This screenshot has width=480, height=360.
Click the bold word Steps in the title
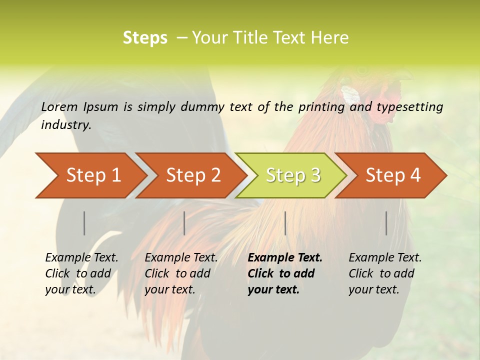tap(145, 38)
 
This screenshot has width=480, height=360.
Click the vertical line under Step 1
tap(84, 223)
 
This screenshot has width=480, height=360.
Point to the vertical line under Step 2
tap(184, 223)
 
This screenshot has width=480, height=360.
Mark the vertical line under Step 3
tap(285, 223)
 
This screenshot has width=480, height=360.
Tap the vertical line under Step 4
tap(386, 223)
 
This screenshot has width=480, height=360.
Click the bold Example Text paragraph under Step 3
tap(285, 273)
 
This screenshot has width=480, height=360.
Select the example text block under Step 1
tap(81, 273)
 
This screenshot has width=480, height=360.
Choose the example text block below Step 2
tap(181, 273)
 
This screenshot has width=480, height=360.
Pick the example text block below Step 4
tap(385, 273)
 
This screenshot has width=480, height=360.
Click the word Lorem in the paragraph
tap(59, 107)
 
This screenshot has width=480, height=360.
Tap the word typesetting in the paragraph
tap(409, 107)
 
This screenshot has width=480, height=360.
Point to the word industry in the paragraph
tap(65, 125)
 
